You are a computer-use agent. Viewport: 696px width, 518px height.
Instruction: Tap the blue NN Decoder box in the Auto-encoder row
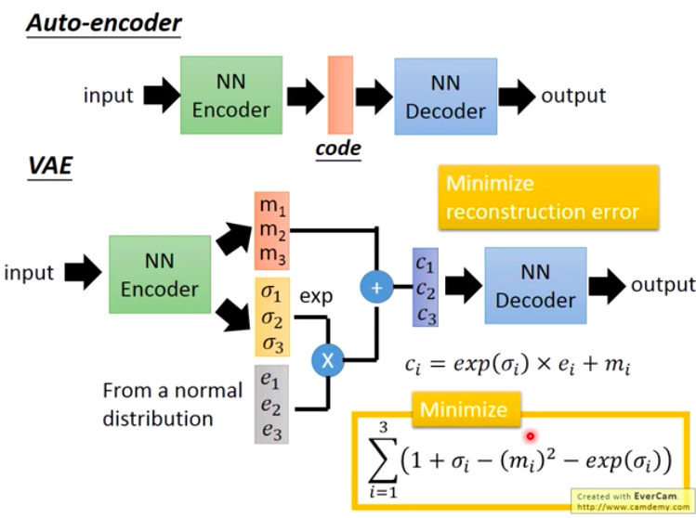point(445,97)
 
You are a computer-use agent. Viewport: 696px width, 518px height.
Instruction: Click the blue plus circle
point(376,289)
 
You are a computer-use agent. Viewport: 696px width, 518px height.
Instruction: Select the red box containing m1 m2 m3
point(272,228)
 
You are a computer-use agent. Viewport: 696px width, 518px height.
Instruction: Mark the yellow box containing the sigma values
point(272,317)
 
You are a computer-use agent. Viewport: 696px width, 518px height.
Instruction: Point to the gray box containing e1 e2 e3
point(272,403)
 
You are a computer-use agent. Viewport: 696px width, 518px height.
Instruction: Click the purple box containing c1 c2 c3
point(426,287)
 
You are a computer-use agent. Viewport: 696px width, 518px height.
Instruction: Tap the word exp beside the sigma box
point(315,298)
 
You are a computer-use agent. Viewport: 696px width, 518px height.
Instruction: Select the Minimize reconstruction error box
point(547,197)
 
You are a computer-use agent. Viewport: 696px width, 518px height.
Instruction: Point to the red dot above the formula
point(531,435)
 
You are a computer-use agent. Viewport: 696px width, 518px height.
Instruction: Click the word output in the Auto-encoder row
point(573,96)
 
